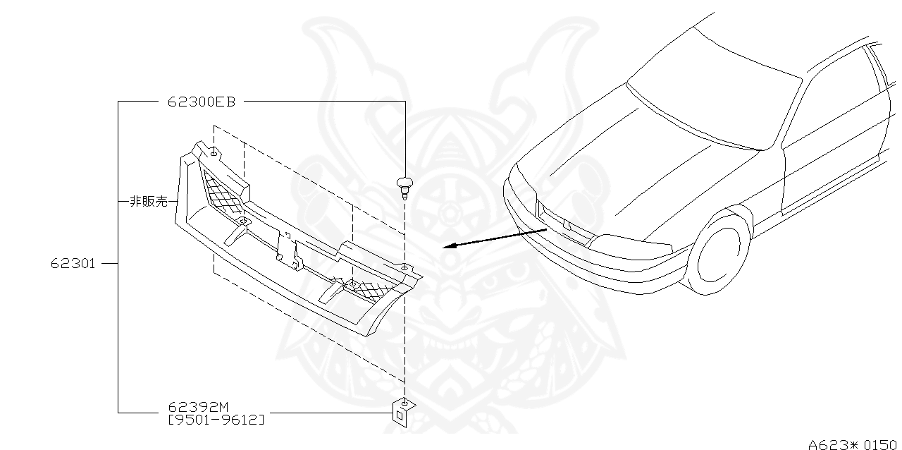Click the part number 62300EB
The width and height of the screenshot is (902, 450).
(201, 102)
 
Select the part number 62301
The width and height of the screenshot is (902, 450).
(73, 264)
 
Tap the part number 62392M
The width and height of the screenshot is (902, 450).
(198, 408)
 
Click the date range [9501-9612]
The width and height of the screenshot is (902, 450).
(216, 420)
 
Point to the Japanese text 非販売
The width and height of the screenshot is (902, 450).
(149, 202)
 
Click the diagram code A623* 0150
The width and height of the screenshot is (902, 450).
(852, 444)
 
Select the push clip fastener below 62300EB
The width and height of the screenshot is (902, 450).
(404, 187)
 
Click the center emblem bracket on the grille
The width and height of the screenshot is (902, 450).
(288, 250)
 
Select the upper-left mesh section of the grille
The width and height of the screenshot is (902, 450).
(222, 193)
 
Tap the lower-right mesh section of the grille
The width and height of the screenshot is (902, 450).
(369, 288)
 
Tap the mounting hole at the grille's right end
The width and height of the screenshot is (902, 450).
(404, 268)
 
